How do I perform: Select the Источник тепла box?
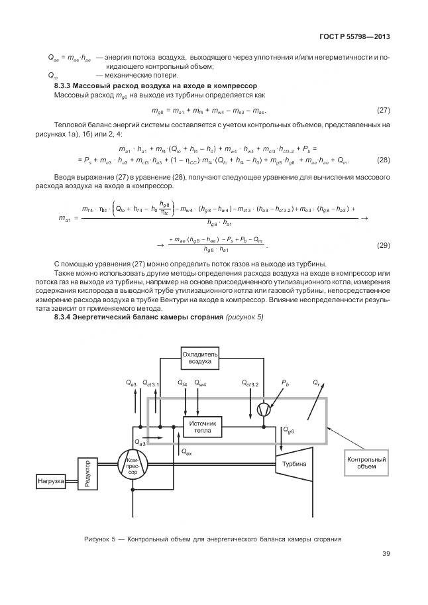tap(203, 427)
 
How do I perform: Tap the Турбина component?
tap(294, 465)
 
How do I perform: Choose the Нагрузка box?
tap(50, 480)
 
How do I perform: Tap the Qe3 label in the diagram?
tap(131, 384)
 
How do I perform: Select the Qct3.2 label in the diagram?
tap(251, 384)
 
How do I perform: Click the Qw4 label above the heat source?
tap(201, 384)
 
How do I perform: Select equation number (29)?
tap(383, 245)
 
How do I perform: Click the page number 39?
tap(385, 555)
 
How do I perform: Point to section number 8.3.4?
tap(65, 317)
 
